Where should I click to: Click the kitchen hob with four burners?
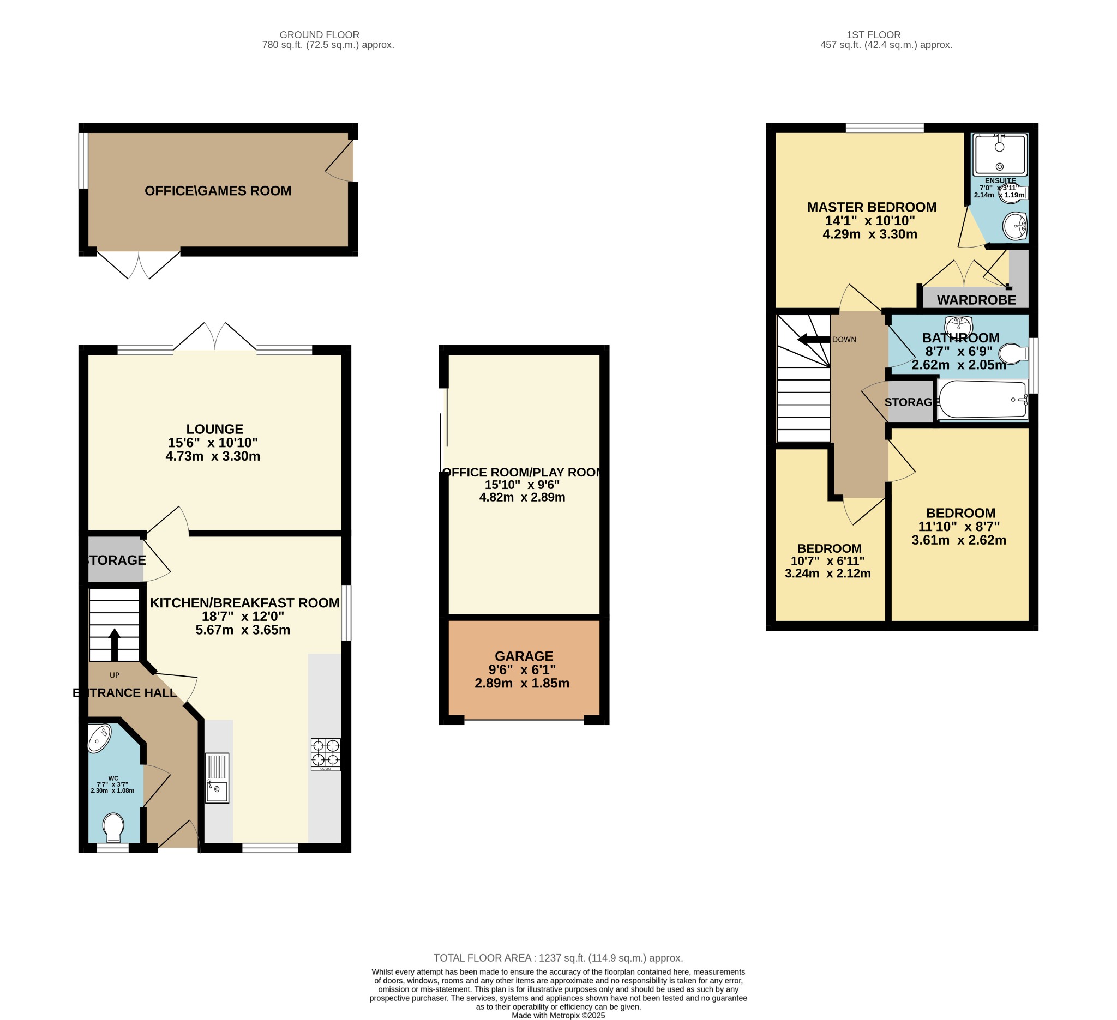tap(325, 754)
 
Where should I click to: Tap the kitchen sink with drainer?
tap(217, 777)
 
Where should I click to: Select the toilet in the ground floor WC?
tap(113, 828)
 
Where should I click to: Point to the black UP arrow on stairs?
tap(114, 644)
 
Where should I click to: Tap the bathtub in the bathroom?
tap(982, 399)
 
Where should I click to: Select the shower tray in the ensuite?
tap(1000, 154)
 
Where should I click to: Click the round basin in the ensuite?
tap(1015, 226)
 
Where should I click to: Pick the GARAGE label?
tap(524, 656)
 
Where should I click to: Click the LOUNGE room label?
tap(214, 429)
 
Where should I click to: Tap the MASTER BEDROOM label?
tap(872, 207)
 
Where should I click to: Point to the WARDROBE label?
tap(976, 300)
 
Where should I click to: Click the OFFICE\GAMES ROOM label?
tap(218, 191)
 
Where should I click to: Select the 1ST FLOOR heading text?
tap(874, 35)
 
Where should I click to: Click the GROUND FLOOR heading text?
tap(319, 35)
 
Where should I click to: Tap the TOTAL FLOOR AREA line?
tap(558, 958)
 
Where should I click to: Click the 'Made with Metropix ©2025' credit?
tap(558, 1016)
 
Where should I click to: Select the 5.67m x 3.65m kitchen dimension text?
tap(243, 630)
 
